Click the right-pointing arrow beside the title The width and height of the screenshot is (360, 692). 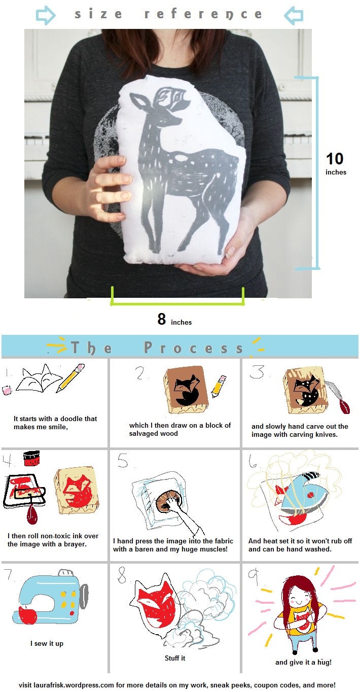[x=46, y=15]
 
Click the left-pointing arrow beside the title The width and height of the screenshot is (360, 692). [x=293, y=15]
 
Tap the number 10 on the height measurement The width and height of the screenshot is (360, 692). [x=335, y=159]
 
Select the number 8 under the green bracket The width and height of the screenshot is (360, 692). [x=161, y=319]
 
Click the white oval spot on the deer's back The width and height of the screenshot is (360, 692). [x=181, y=158]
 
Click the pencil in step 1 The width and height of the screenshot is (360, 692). [x=70, y=378]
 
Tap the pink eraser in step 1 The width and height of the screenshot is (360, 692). [x=7, y=390]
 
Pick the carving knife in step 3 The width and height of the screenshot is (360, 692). [x=338, y=397]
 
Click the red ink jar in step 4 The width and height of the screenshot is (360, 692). [x=31, y=458]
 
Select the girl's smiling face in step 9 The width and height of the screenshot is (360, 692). [x=297, y=597]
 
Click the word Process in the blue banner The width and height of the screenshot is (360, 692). [x=194, y=348]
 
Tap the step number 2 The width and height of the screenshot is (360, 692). [x=140, y=373]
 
